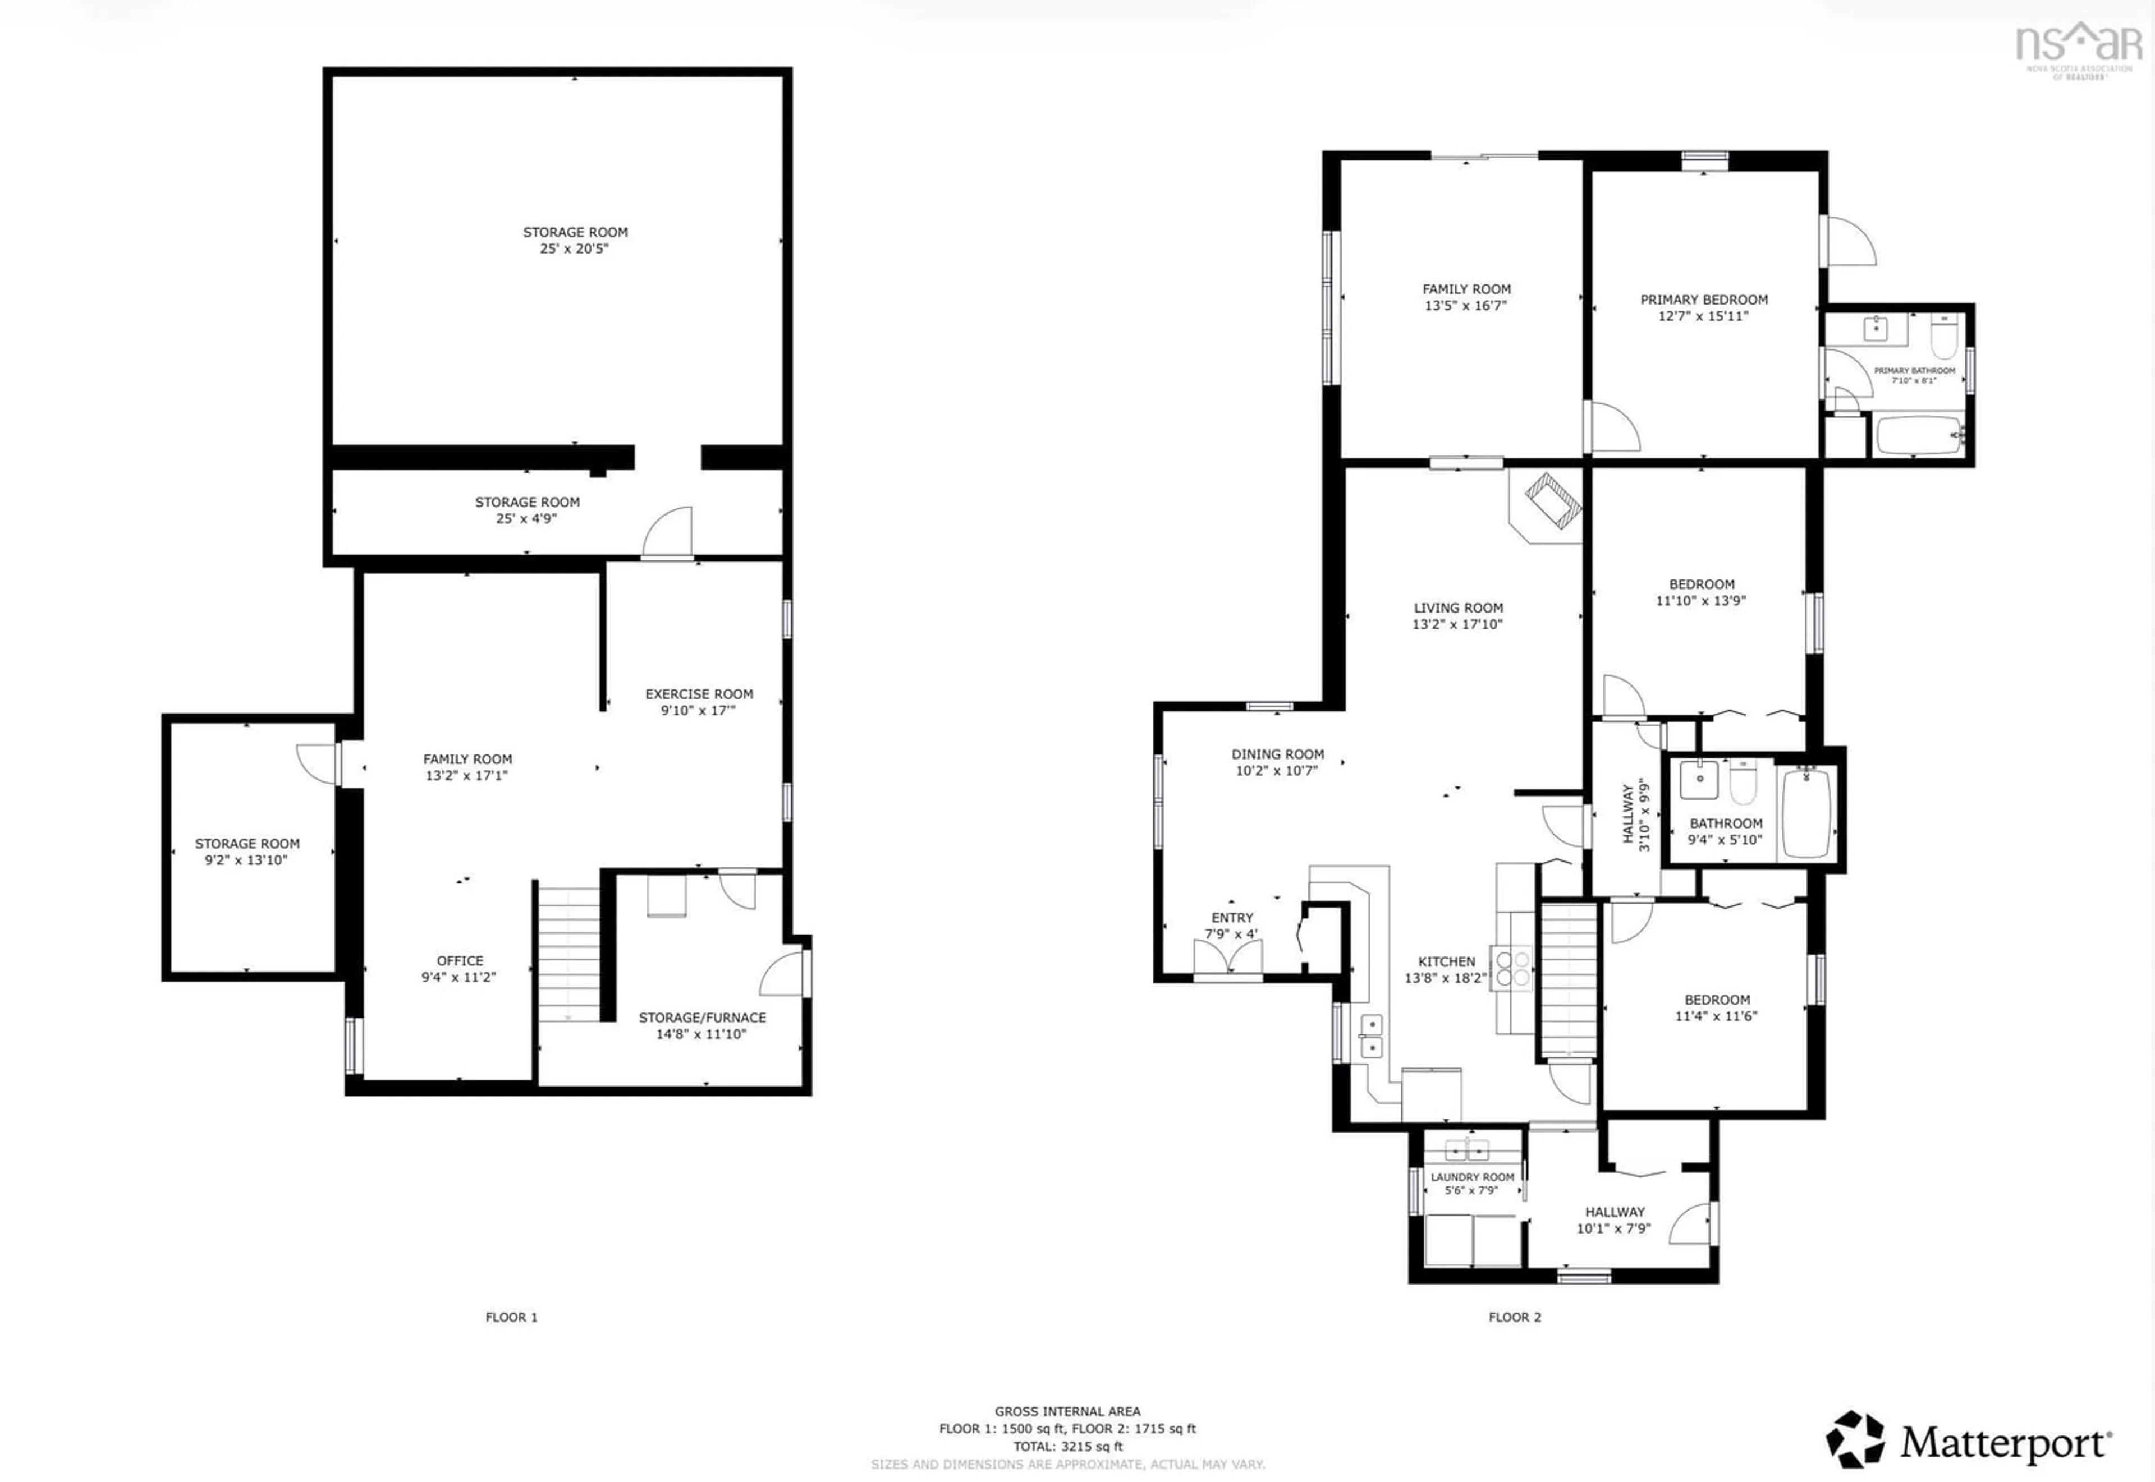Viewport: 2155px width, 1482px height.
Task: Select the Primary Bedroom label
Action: pyautogui.click(x=1704, y=300)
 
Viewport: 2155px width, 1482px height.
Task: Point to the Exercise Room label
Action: pyautogui.click(x=699, y=694)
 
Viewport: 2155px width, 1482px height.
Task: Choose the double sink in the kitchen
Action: pyautogui.click(x=1371, y=1036)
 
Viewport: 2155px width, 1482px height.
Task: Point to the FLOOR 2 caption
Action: pyautogui.click(x=1514, y=1317)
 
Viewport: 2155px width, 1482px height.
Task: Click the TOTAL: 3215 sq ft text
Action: pyautogui.click(x=1067, y=1446)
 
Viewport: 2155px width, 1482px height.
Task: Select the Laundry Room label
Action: pyautogui.click(x=1472, y=1176)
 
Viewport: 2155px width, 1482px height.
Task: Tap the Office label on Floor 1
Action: pyautogui.click(x=460, y=960)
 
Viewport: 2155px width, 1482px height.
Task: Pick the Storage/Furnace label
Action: pyautogui.click(x=702, y=1017)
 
